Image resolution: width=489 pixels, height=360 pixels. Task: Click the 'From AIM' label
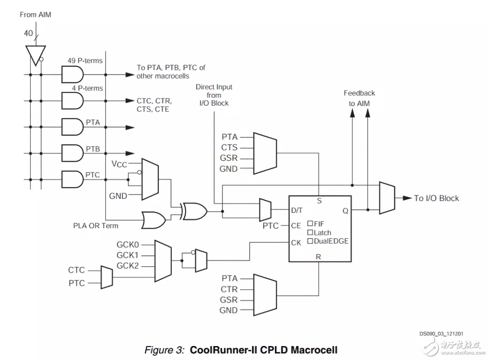[35, 14]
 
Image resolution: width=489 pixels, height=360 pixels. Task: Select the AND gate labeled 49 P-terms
[73, 73]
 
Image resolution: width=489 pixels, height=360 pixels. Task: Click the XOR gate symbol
[194, 211]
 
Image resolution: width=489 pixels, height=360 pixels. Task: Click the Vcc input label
[120, 163]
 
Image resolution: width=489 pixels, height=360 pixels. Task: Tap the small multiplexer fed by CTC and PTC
[106, 277]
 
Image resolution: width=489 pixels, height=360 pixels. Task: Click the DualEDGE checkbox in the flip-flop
[310, 241]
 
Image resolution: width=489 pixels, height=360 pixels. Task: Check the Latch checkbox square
[310, 232]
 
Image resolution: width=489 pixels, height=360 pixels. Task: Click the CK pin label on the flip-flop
[296, 243]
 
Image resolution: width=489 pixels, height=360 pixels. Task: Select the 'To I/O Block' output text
[436, 198]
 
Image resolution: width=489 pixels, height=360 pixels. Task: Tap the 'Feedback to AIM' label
[359, 98]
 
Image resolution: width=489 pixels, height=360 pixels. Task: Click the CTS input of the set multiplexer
[229, 147]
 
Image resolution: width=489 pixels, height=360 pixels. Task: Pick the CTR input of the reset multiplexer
[229, 289]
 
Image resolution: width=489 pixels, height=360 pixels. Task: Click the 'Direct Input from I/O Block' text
[214, 95]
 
